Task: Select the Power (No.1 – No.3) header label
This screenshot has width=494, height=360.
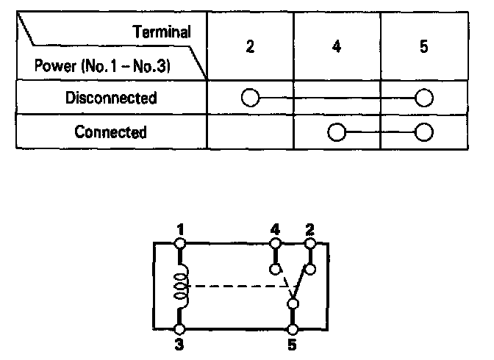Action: pyautogui.click(x=102, y=66)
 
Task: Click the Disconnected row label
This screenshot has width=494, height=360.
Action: pyautogui.click(x=111, y=98)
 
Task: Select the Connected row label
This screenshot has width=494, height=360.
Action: pyautogui.click(x=111, y=132)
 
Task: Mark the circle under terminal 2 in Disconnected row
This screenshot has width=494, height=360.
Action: pyautogui.click(x=250, y=98)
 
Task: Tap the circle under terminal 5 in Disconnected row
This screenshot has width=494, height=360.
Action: pyautogui.click(x=423, y=98)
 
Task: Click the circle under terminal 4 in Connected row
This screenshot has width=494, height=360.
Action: pyautogui.click(x=337, y=132)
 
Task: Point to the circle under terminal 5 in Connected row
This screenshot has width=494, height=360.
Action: pyautogui.click(x=423, y=132)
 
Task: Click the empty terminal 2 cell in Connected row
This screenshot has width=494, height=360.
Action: pyautogui.click(x=250, y=132)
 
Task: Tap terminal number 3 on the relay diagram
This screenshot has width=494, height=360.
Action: pyautogui.click(x=179, y=343)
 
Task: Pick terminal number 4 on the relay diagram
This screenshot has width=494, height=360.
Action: pyautogui.click(x=276, y=230)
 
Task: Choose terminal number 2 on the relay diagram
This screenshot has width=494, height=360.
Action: pyautogui.click(x=310, y=230)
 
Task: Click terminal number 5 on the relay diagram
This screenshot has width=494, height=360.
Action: pyautogui.click(x=293, y=343)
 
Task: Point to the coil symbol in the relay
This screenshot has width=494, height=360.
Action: pyautogui.click(x=180, y=287)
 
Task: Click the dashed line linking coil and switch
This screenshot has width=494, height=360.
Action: pyautogui.click(x=235, y=287)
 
